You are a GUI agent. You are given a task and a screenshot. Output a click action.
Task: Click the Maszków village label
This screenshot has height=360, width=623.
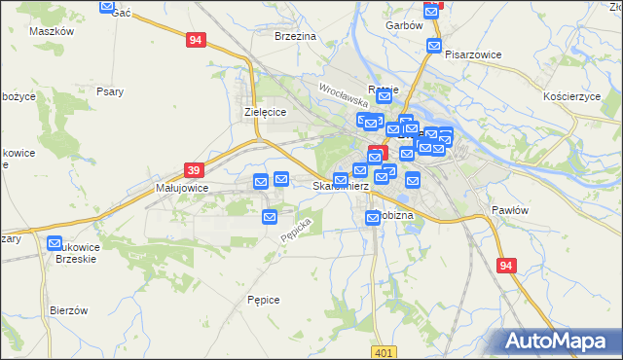[x=53, y=31]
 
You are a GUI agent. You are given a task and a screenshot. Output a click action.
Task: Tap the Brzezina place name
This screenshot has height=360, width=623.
[x=296, y=36]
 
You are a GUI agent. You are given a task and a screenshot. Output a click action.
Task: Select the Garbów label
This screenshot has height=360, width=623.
[x=403, y=25]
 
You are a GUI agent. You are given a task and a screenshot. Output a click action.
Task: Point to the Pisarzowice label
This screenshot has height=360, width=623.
[x=472, y=55]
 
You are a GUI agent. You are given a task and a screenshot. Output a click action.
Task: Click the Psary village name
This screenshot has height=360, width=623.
[x=110, y=92]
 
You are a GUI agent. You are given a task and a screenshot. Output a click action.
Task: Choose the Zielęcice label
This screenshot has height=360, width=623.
[x=264, y=113]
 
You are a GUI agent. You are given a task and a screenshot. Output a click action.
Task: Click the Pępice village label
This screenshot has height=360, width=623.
[x=264, y=300]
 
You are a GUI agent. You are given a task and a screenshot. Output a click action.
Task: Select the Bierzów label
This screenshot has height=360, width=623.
[x=69, y=310]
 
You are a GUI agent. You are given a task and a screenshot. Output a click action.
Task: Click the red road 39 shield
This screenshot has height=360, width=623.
[x=193, y=169]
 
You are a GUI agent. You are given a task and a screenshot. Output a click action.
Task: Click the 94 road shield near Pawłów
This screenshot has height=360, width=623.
[x=504, y=266]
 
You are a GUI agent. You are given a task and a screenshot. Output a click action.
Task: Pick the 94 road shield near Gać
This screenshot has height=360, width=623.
[x=197, y=40]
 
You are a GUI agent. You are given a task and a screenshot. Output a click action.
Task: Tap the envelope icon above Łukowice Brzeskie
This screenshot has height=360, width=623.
[x=55, y=244]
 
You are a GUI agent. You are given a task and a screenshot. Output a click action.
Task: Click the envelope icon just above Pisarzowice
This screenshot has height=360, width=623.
[x=434, y=45]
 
